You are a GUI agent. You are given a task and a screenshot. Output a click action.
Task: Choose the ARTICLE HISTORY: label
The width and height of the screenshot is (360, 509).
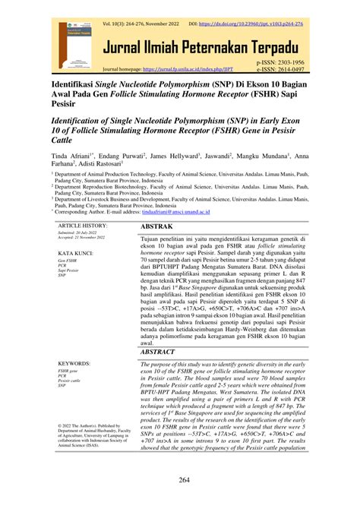click(84, 226)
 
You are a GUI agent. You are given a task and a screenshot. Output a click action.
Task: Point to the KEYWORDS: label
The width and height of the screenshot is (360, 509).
click(74, 365)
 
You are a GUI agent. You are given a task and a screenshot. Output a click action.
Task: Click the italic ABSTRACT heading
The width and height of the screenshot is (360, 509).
click(163, 353)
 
